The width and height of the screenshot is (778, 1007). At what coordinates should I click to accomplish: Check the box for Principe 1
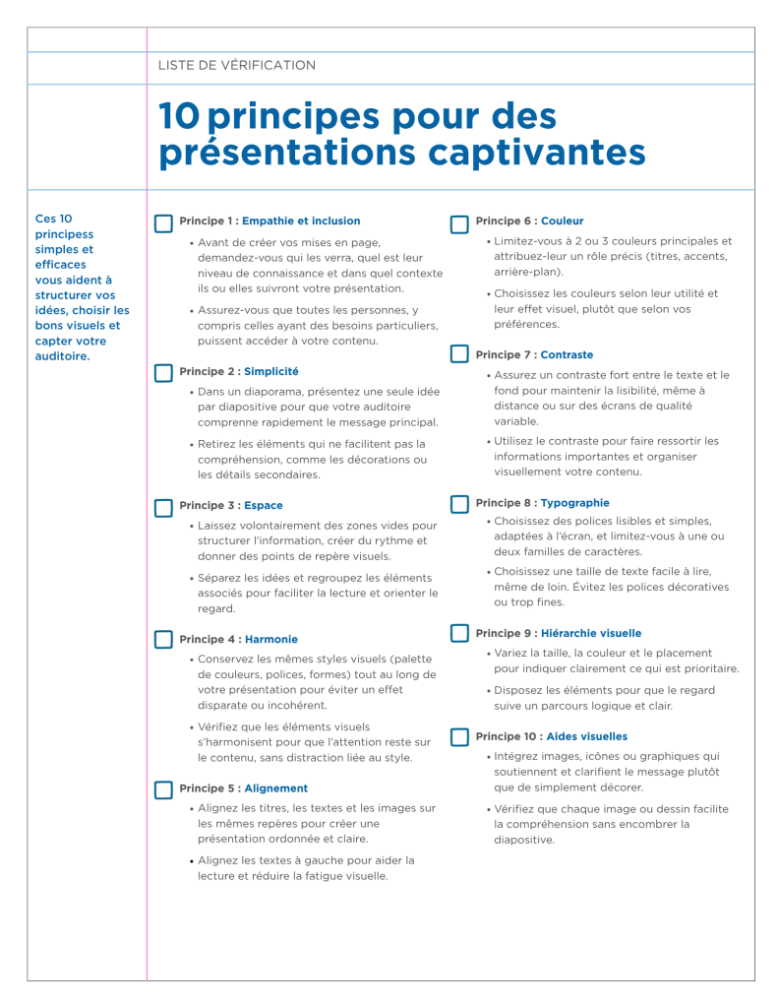click(163, 224)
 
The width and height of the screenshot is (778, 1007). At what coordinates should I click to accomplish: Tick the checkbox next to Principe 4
click(163, 641)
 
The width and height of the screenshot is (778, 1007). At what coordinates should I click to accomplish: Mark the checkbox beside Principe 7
click(459, 354)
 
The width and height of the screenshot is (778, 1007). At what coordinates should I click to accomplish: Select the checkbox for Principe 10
click(459, 736)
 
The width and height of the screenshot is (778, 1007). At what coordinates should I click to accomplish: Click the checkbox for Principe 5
click(163, 789)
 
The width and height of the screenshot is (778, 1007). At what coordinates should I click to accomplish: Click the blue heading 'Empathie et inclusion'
click(301, 220)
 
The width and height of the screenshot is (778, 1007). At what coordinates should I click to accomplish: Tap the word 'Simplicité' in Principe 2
click(270, 371)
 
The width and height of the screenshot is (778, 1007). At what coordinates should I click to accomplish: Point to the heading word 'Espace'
click(263, 505)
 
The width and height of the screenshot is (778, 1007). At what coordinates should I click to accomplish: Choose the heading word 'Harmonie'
click(270, 639)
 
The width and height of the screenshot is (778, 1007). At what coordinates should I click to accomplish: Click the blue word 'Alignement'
click(275, 787)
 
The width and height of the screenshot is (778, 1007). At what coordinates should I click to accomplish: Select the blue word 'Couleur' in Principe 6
click(562, 220)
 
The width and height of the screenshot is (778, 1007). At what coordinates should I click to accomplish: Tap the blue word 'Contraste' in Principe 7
click(567, 354)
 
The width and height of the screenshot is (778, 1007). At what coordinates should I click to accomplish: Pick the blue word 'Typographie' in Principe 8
click(574, 502)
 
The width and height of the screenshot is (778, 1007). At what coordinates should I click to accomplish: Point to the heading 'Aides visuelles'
click(586, 736)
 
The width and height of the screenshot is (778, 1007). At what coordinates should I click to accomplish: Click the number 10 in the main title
click(179, 117)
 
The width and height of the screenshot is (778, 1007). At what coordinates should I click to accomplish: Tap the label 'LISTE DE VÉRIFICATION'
click(236, 65)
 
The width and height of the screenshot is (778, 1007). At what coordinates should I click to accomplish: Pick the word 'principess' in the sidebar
click(64, 234)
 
